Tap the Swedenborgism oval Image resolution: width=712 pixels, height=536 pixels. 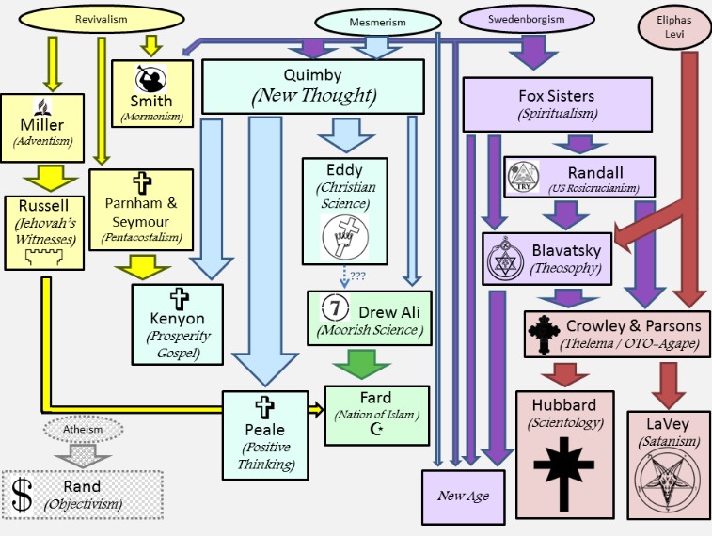[x=532, y=19]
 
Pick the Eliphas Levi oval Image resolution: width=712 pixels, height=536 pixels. [x=674, y=25]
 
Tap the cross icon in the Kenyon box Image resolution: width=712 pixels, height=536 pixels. [x=177, y=300]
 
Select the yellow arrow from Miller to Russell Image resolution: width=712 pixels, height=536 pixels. [x=41, y=175]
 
